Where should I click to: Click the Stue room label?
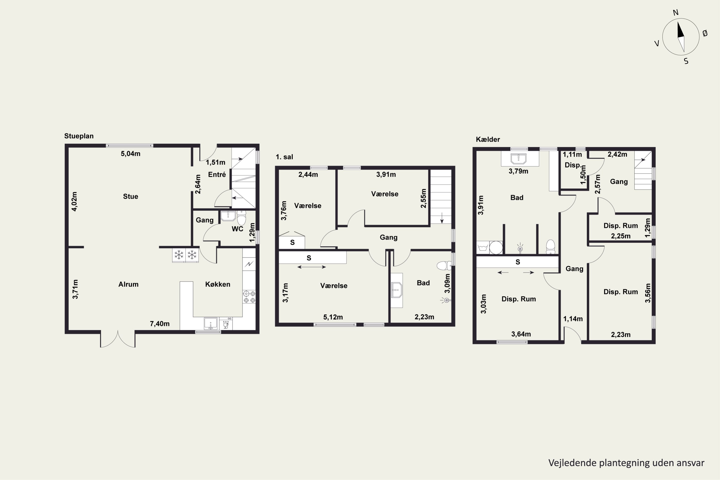(x=130, y=197)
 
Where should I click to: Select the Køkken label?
(x=218, y=284)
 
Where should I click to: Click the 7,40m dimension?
(x=160, y=324)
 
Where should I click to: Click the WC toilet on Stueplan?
(x=241, y=218)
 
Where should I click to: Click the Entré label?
(x=217, y=174)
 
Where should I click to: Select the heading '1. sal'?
(x=284, y=157)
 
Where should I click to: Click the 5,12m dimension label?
(x=333, y=317)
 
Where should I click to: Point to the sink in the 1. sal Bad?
(x=397, y=290)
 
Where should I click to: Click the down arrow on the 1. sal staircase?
(x=442, y=218)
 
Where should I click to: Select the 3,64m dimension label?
(x=521, y=334)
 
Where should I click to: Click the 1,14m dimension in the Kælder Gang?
(x=573, y=319)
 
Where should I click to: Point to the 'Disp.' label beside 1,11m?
(x=573, y=165)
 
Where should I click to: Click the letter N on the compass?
(x=676, y=12)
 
